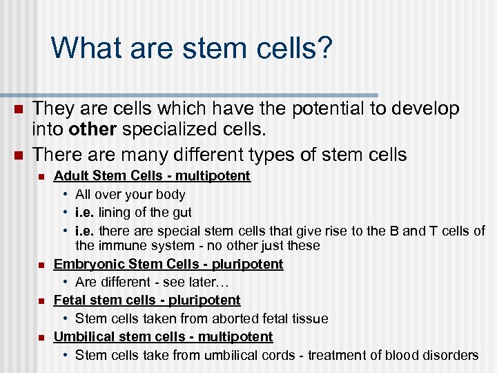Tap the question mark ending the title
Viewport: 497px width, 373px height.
324,48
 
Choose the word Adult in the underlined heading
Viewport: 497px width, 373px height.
71,176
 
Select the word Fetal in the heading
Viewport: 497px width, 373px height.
70,300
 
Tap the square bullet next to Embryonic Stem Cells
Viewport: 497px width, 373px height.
41,265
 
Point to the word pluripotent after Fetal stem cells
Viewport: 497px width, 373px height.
206,300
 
